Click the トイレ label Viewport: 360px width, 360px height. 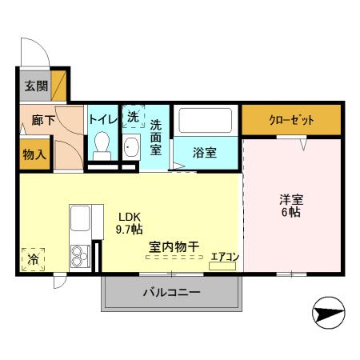point(102,118)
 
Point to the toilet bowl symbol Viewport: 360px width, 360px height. point(102,145)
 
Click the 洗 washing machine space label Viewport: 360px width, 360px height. point(133,117)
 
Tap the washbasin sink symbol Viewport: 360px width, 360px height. point(131,147)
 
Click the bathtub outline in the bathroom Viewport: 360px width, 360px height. point(204,121)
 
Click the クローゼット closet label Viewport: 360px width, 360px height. point(291,120)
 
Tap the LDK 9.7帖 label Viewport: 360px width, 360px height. point(130,222)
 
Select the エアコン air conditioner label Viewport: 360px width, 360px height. point(224,257)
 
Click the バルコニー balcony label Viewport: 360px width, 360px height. point(171,292)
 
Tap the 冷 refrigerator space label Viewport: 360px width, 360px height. point(33,259)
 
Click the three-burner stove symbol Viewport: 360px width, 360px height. point(80,256)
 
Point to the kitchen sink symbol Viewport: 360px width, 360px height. point(82,218)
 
